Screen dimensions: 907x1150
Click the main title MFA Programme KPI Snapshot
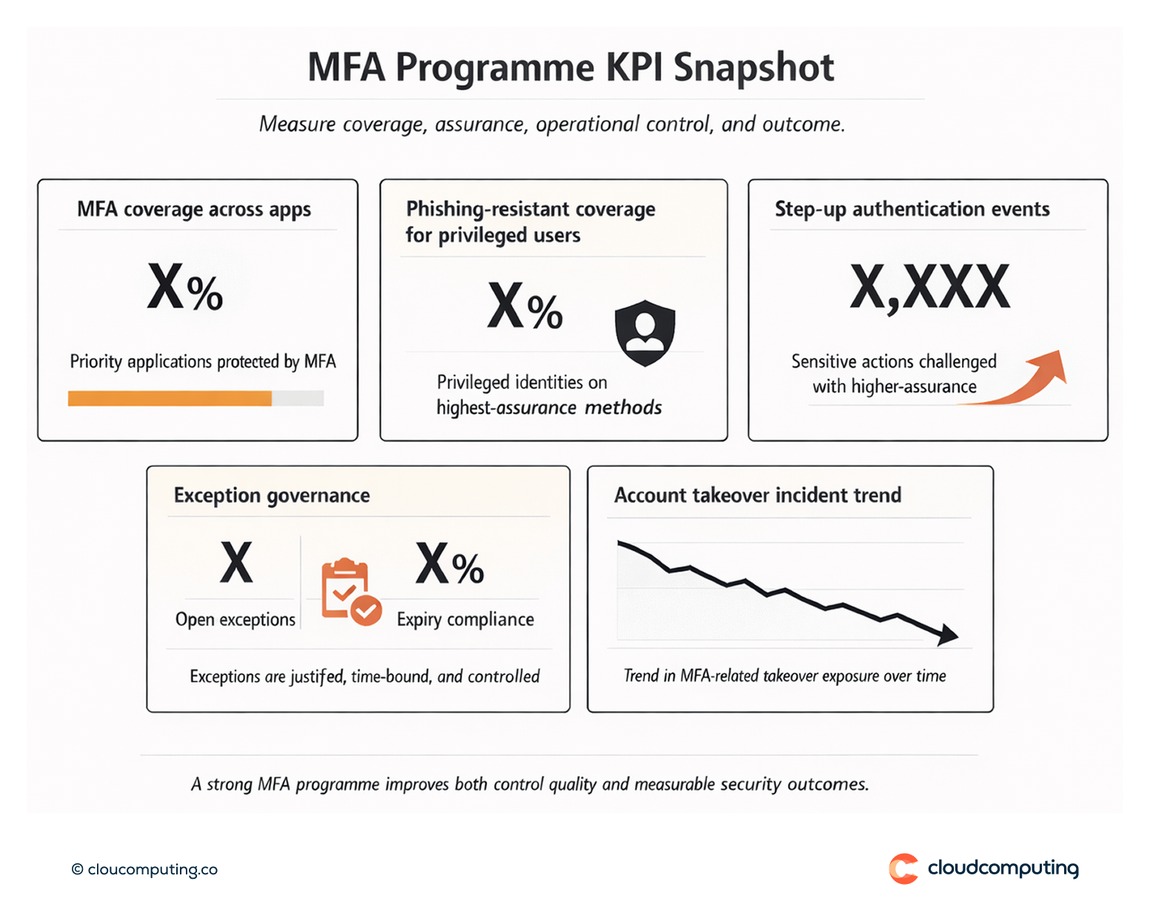click(570, 67)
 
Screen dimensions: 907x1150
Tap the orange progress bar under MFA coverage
click(170, 399)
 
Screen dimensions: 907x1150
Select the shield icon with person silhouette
click(645, 333)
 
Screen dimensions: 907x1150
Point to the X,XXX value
click(929, 288)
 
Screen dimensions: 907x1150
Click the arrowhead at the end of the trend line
click(947, 634)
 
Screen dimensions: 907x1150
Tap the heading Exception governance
click(272, 496)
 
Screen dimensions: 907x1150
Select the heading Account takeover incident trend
click(758, 495)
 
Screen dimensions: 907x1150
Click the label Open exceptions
click(235, 619)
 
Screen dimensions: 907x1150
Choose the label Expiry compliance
click(465, 619)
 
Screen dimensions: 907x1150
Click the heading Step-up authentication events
click(912, 210)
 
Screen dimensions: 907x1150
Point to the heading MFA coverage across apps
click(194, 210)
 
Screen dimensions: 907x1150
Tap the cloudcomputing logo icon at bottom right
click(903, 868)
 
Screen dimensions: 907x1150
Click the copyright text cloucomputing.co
click(145, 869)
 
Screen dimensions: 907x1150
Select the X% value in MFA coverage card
click(185, 288)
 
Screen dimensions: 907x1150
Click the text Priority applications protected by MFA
click(202, 362)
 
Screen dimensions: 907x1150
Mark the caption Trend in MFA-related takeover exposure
click(784, 676)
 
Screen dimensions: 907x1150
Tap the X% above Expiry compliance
click(449, 565)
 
